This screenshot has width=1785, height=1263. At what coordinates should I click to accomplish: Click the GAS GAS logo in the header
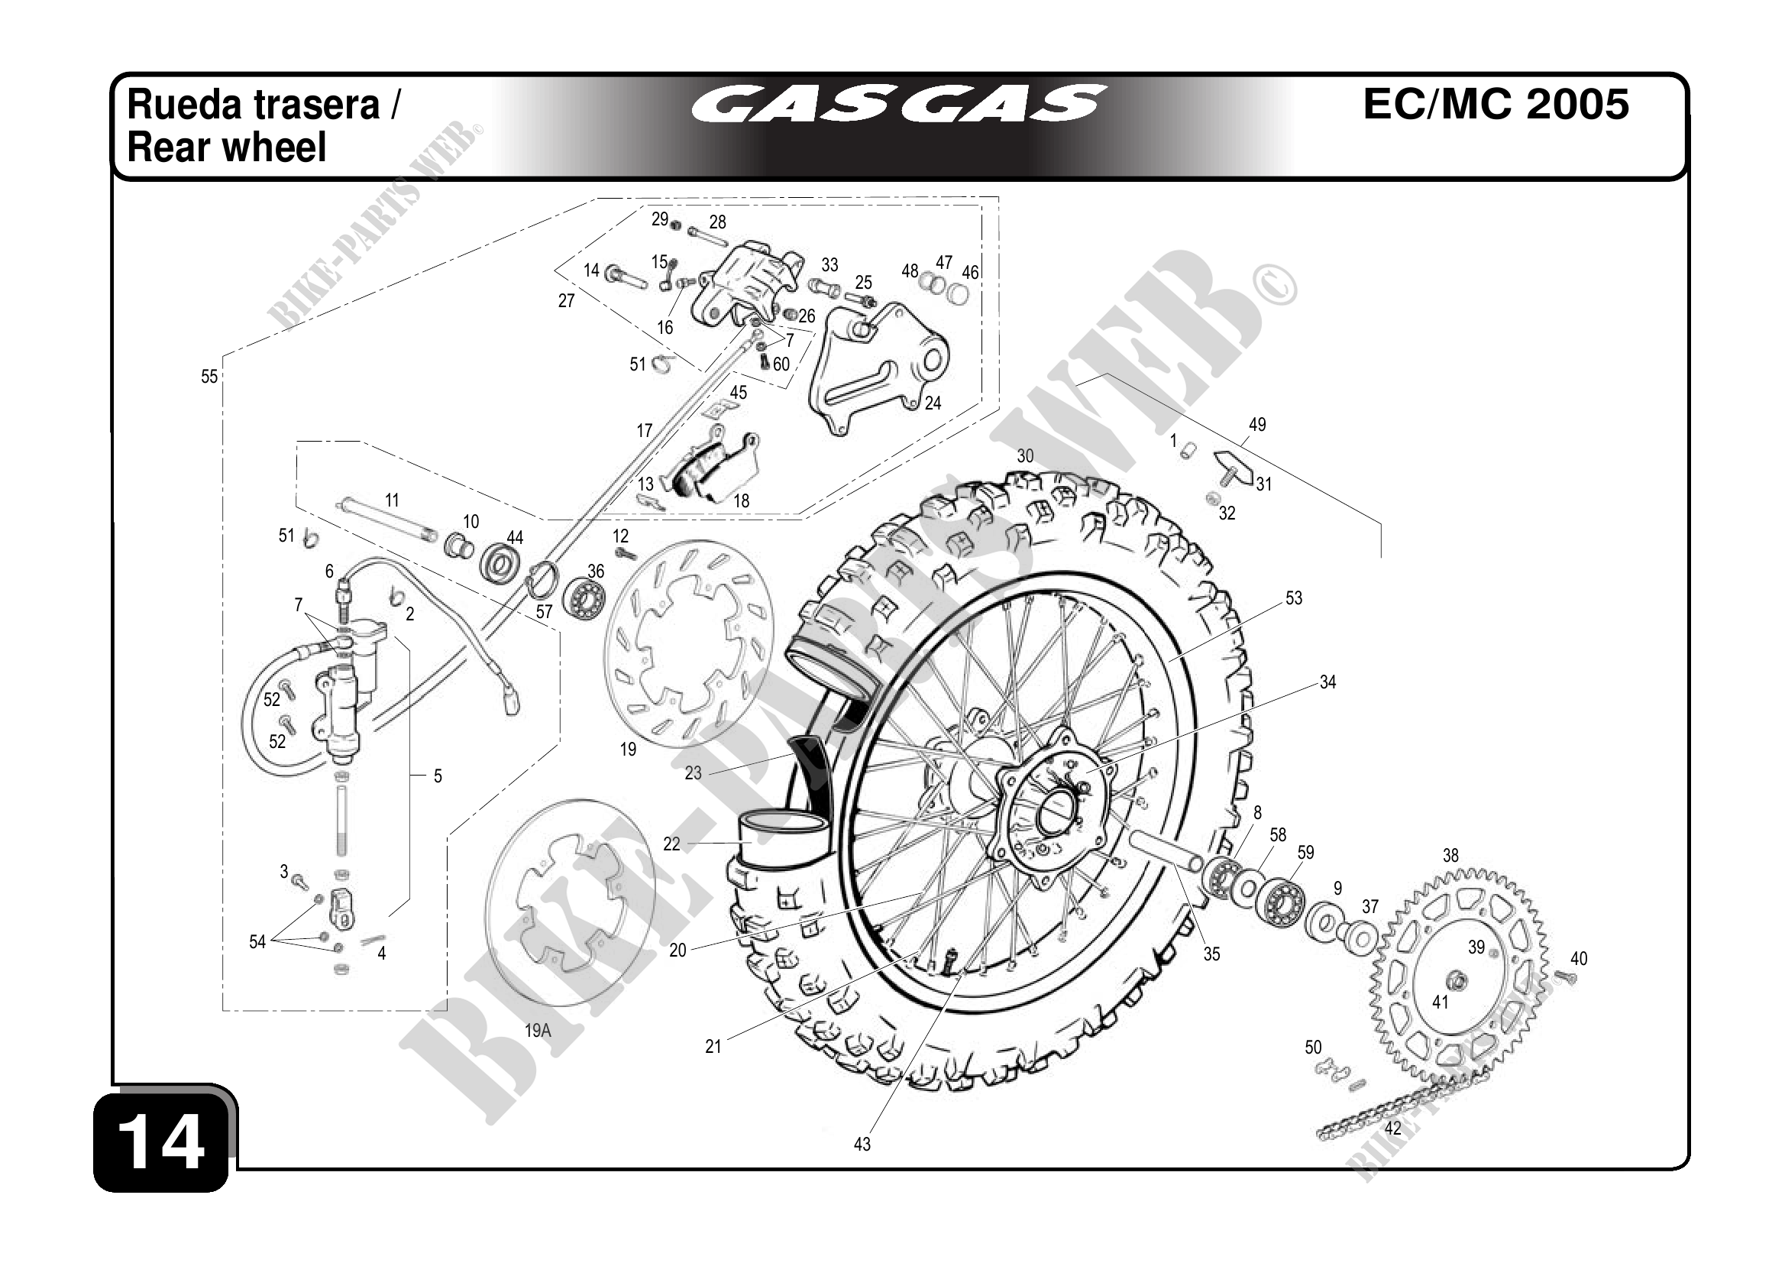[x=898, y=105]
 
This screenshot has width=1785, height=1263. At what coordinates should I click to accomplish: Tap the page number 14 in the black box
[x=163, y=1142]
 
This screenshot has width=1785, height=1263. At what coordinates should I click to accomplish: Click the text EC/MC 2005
[x=1496, y=104]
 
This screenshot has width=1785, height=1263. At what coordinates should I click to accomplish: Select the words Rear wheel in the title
[x=226, y=147]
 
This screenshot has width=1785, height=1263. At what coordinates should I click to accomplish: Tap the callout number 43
[x=862, y=1144]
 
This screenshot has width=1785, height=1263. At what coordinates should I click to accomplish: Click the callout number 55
[x=209, y=377]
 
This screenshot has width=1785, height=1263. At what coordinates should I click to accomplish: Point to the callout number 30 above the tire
[x=1025, y=456]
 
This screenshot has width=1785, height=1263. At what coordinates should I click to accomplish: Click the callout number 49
[x=1256, y=425]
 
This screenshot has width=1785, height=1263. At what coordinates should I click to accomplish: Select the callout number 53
[x=1293, y=598]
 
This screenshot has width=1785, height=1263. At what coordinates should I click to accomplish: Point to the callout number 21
[x=713, y=1047]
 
